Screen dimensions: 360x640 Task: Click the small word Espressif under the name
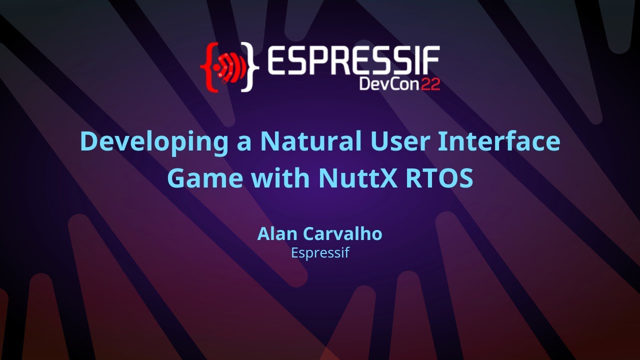click(319, 253)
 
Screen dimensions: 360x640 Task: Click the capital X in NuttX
click(387, 178)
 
